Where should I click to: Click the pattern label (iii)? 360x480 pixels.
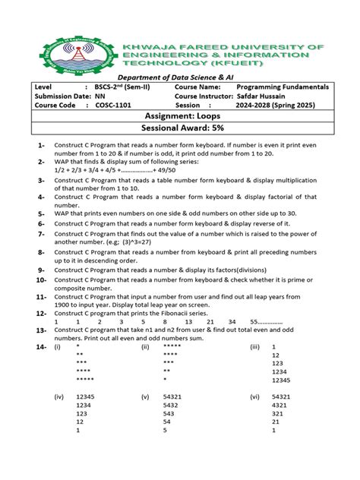pyautogui.click(x=255, y=346)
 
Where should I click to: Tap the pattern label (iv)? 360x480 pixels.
pyautogui.click(x=58, y=396)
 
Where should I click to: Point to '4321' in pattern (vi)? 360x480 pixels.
pyautogui.click(x=280, y=406)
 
